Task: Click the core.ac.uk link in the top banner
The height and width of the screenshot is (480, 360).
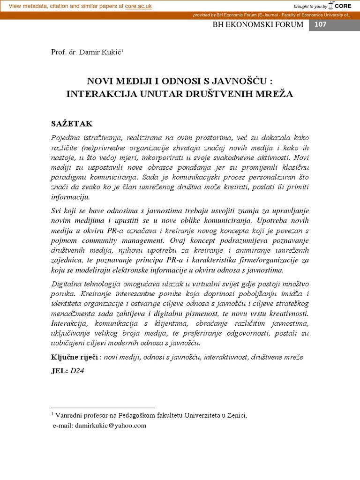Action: (139, 6)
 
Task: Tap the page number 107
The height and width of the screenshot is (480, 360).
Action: (320, 24)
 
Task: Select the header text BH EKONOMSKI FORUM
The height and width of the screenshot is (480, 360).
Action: (258, 24)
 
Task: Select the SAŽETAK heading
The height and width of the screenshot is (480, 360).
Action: (72, 124)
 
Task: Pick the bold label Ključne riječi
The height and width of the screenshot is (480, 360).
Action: (74, 357)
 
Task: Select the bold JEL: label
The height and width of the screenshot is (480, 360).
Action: (59, 370)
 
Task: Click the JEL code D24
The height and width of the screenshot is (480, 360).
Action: (77, 370)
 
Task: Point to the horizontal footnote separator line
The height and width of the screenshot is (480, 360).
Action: (103, 408)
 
